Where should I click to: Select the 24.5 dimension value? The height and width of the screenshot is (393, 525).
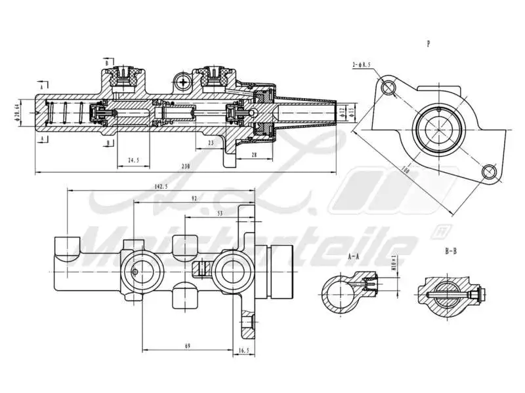point(134,160)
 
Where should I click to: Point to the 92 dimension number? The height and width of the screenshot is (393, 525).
point(194,198)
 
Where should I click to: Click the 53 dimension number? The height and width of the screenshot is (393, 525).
point(219,213)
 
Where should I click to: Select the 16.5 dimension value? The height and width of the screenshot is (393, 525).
point(243,350)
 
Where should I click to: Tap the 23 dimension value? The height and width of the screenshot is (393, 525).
point(210,142)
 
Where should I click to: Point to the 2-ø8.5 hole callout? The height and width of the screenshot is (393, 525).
point(362,64)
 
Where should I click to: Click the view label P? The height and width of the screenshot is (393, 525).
point(428,45)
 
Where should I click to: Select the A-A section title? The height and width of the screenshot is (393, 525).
point(353,257)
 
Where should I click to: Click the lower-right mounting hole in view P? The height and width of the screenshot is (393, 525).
point(488,172)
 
